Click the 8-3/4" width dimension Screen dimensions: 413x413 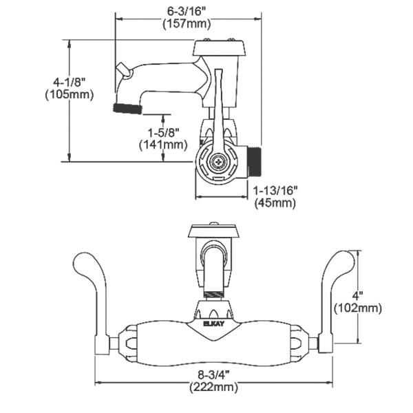coord(214,374)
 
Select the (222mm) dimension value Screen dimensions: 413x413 coord(214,388)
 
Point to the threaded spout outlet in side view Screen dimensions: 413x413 coord(127,107)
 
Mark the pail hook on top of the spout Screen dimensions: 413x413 coord(123,70)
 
